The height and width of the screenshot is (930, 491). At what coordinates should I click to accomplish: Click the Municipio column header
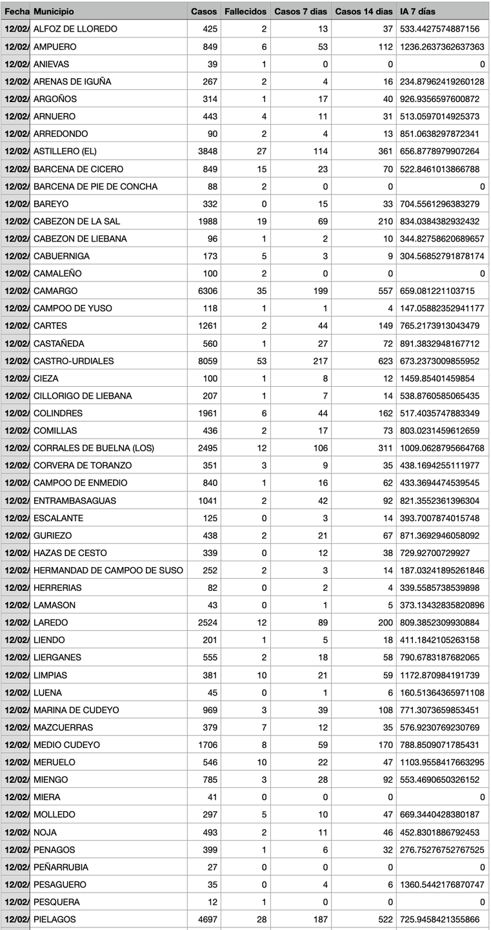click(54, 12)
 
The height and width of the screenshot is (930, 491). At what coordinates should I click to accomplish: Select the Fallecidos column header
click(245, 12)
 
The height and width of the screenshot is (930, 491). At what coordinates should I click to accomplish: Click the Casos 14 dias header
click(364, 12)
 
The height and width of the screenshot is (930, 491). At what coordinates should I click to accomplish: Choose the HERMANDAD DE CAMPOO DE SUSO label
click(108, 570)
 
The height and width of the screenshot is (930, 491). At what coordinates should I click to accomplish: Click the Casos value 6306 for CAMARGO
click(206, 291)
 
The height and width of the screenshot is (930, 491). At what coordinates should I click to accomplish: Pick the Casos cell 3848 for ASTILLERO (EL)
click(206, 151)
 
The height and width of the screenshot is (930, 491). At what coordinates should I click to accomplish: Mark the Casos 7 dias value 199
click(319, 291)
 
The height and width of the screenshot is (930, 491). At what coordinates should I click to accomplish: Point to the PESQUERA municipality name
click(57, 901)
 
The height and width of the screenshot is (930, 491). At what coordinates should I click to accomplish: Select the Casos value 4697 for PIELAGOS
click(206, 918)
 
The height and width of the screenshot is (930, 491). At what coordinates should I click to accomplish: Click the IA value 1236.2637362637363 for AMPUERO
click(442, 46)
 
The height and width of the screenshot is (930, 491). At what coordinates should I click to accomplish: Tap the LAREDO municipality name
click(50, 622)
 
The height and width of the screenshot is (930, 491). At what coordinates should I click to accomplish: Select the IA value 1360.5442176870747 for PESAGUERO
click(442, 883)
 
